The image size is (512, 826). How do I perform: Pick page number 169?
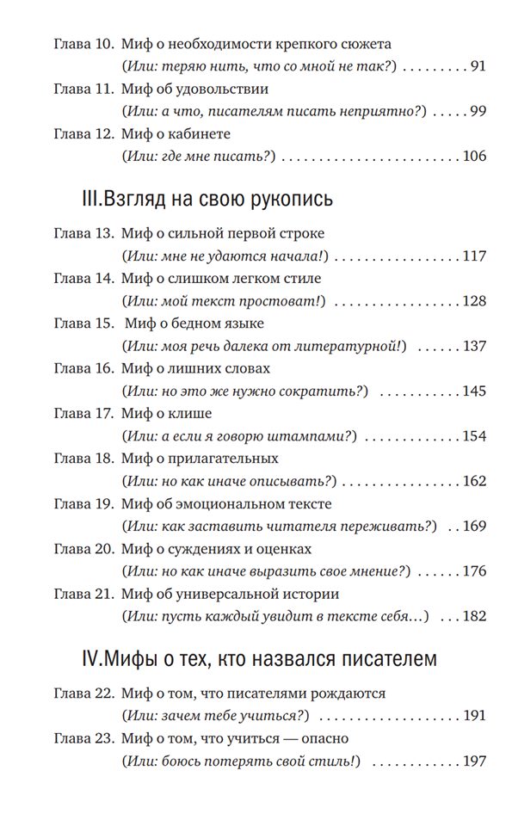(474, 526)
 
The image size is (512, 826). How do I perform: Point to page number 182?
(474, 616)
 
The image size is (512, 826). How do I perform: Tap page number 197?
(474, 762)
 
